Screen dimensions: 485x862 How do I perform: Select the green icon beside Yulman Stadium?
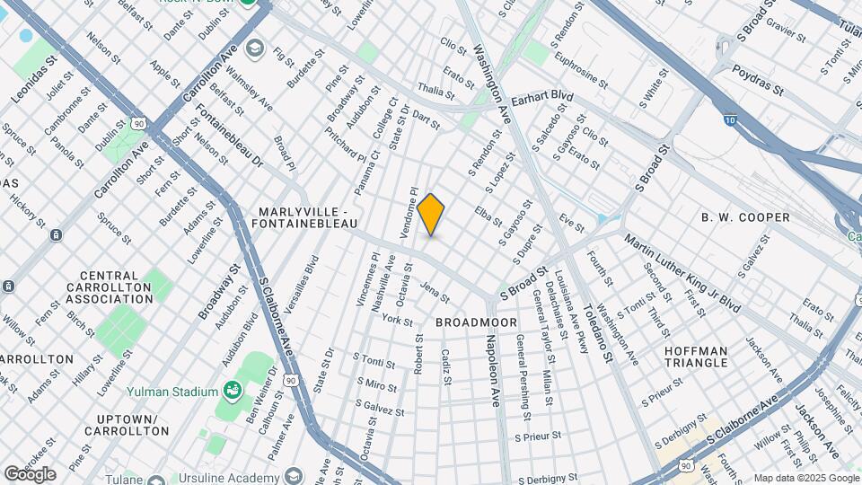click(233, 390)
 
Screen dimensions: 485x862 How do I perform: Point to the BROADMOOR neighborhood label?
click(476, 322)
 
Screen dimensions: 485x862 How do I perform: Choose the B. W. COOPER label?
click(745, 217)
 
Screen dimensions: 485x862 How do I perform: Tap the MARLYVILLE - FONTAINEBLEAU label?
click(308, 217)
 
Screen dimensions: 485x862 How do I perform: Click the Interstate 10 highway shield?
click(729, 117)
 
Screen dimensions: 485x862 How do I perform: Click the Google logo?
click(30, 474)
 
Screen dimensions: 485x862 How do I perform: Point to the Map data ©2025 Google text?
click(806, 478)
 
